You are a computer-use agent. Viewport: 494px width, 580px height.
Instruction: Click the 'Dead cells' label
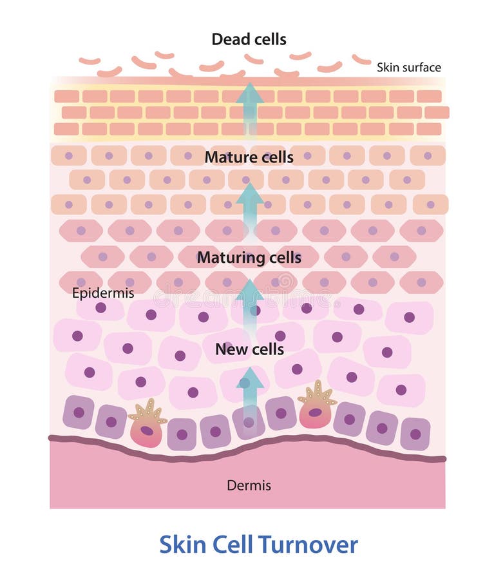pos(249,39)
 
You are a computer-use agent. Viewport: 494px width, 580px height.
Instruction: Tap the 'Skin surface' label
pos(408,67)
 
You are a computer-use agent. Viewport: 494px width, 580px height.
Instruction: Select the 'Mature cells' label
pos(249,157)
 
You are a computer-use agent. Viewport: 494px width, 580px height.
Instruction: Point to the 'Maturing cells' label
pos(249,258)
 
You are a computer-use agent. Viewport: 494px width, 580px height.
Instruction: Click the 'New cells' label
pos(249,350)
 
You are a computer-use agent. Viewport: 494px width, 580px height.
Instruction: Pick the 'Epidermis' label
pos(103,293)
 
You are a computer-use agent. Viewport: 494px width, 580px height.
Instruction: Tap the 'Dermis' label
pos(249,485)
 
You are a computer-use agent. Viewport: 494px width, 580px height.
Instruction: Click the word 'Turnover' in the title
pos(307,545)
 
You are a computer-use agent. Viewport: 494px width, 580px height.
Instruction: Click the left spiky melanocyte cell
pos(147,425)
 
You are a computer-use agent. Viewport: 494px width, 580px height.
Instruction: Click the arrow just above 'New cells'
pos(249,300)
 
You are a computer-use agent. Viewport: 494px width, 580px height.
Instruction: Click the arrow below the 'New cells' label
pos(249,393)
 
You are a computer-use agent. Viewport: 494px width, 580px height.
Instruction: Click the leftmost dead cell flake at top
pos(90,61)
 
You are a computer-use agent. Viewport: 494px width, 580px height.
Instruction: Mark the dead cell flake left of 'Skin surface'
pos(361,59)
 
